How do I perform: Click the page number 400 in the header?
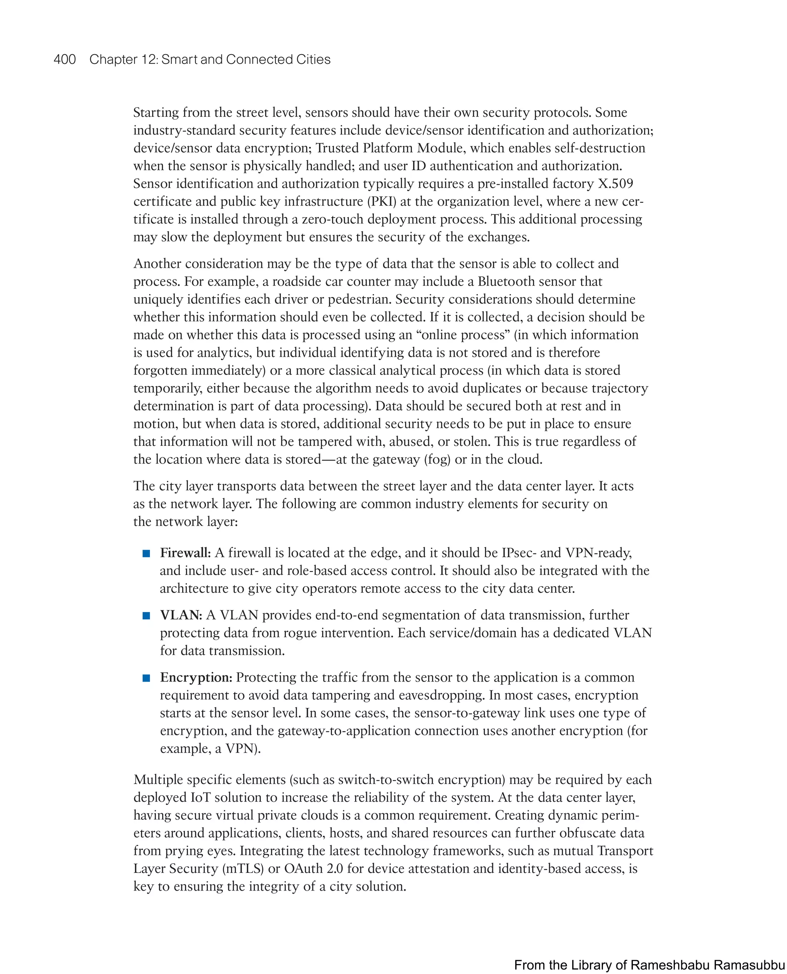[x=65, y=60]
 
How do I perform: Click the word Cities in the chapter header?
[x=313, y=60]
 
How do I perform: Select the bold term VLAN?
[x=181, y=615]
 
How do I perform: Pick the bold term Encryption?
[x=196, y=677]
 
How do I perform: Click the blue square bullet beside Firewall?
[x=146, y=553]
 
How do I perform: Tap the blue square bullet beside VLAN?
[x=146, y=615]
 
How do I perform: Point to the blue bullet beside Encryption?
[x=146, y=678]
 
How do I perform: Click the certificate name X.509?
[x=615, y=184]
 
